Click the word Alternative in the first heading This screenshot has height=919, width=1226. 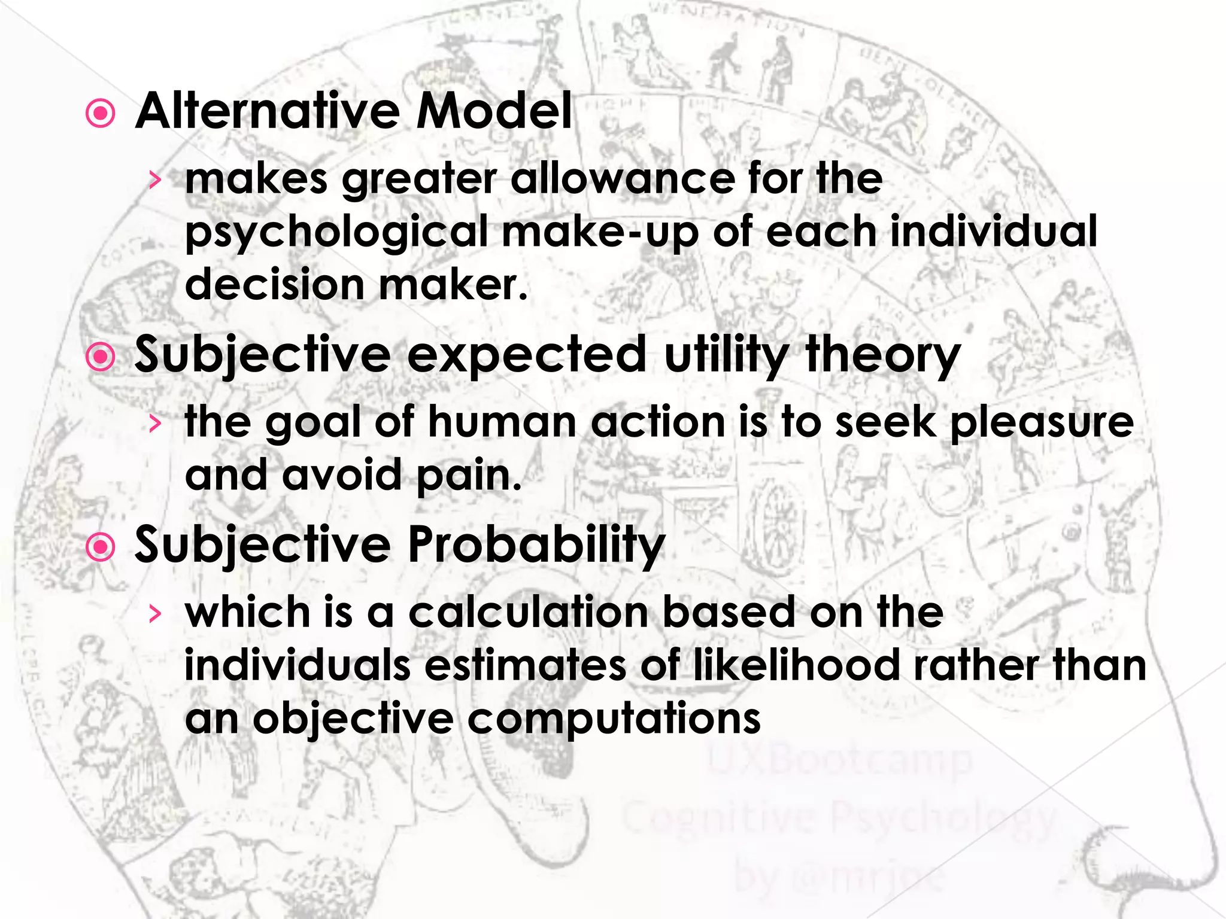(268, 111)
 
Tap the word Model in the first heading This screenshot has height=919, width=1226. (494, 111)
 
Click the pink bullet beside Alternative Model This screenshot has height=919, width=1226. (101, 114)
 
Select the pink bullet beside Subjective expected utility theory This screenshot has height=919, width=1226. (101, 357)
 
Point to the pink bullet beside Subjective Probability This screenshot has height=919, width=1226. (101, 547)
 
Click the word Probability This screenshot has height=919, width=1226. (536, 546)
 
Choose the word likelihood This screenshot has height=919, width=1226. (796, 665)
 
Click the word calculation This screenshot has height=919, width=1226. (529, 613)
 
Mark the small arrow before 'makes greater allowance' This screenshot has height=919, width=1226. (155, 179)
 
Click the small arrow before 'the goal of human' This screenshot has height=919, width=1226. (155, 424)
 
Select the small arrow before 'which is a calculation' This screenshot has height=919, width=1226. (155, 613)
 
